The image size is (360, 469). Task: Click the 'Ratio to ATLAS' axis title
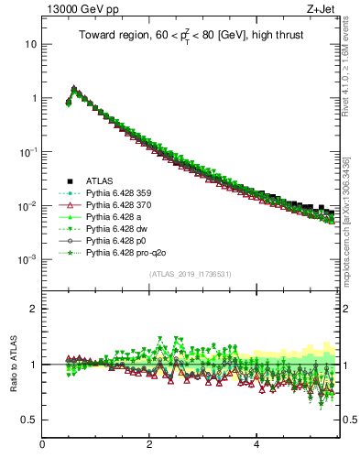[13, 364]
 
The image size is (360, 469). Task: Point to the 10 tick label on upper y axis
[31, 44]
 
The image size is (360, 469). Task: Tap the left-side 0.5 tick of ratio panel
[30, 420]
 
